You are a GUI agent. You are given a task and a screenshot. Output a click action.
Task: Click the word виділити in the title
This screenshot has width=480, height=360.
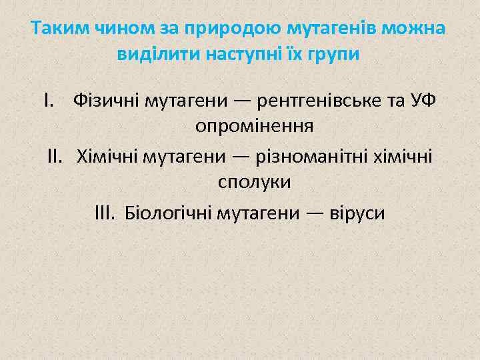tap(149, 54)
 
